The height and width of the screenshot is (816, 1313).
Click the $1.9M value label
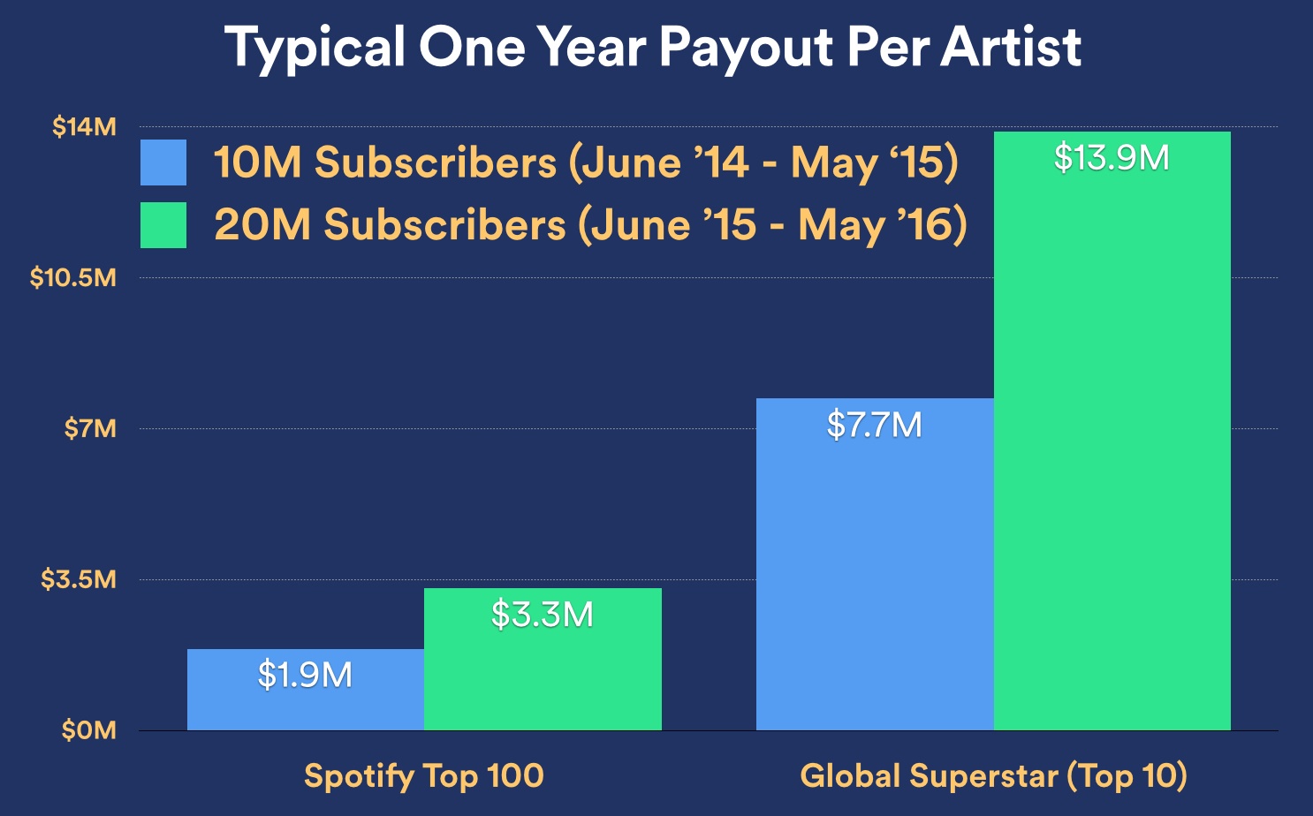click(305, 676)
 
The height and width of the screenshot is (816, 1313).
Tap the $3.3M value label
click(543, 615)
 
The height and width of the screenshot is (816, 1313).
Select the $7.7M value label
click(874, 426)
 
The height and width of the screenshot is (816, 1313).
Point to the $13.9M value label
click(1112, 158)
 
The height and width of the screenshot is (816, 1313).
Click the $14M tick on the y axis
click(84, 127)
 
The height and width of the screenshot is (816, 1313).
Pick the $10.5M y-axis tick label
click(72, 278)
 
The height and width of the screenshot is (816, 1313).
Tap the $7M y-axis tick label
click(90, 429)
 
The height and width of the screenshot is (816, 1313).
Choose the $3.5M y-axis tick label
click(79, 580)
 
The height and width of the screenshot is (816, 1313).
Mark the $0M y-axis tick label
click(88, 730)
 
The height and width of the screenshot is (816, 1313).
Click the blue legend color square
click(163, 162)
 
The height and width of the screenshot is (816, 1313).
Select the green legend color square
click(163, 225)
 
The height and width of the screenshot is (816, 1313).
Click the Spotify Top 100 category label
click(423, 775)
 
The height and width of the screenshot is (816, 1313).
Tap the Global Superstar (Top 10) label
click(993, 775)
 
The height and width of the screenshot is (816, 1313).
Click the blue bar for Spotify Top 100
click(305, 706)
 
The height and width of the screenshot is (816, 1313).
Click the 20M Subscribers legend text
click(590, 225)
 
